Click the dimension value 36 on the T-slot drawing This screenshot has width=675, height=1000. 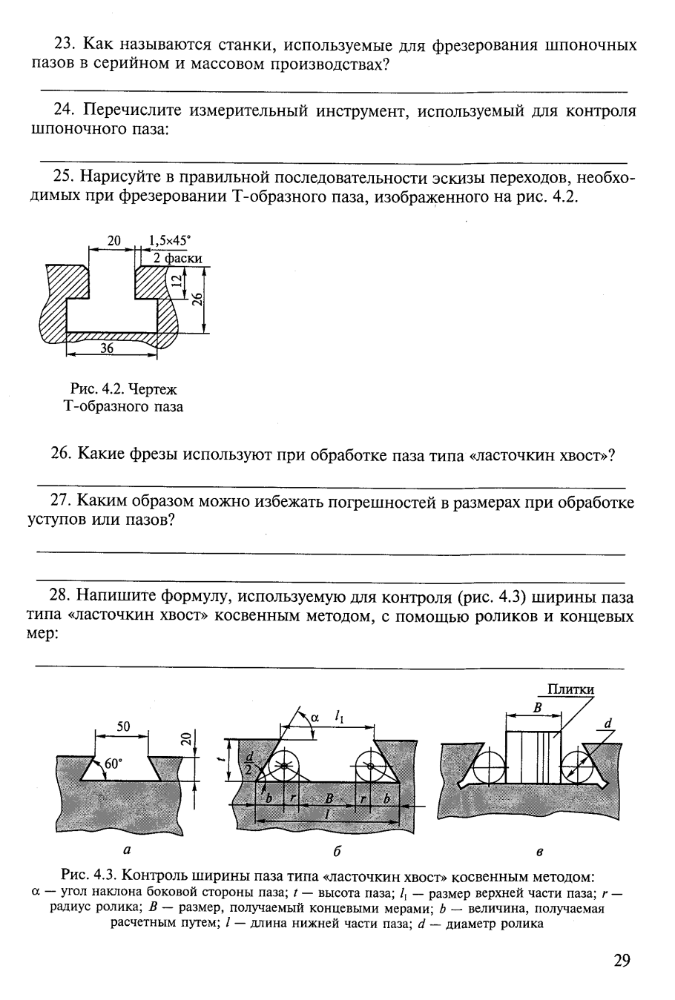(107, 348)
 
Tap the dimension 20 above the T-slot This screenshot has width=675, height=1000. (113, 240)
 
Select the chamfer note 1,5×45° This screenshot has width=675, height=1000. (169, 240)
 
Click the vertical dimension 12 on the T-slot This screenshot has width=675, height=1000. (175, 280)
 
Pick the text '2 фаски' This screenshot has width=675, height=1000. (173, 258)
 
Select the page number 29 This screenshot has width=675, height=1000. (622, 961)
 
